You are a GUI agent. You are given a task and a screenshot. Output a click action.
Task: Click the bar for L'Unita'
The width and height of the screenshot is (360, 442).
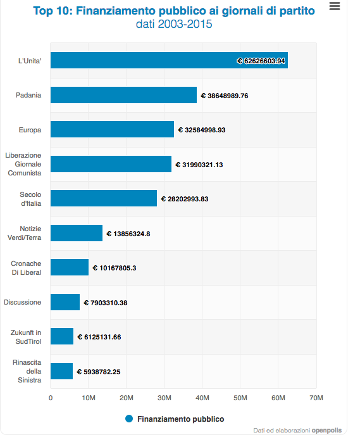coord(169,60)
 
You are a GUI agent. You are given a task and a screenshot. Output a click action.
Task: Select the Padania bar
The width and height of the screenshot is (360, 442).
coord(123,95)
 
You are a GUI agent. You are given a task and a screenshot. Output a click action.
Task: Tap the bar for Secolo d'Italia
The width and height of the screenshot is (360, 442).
coord(104,198)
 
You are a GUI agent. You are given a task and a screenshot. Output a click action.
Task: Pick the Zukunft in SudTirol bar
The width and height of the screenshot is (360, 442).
coord(62,336)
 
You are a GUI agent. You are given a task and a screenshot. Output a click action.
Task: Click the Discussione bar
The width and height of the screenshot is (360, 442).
coord(65,302)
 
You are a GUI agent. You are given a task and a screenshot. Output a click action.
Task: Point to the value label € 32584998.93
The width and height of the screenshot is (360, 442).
coord(202,130)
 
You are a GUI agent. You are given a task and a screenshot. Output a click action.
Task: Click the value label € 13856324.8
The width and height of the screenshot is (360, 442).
coord(128,234)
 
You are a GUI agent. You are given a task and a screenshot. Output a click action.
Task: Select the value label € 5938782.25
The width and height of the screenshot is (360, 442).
coord(99,372)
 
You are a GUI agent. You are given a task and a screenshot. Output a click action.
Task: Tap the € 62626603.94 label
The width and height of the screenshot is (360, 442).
coord(261,61)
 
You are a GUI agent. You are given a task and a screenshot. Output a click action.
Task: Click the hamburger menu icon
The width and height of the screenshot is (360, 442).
coord(335,6)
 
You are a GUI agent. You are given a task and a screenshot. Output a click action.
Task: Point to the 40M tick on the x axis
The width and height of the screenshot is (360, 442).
coord(202,398)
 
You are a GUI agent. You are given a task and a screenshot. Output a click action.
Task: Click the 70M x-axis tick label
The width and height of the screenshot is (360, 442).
coord(316,398)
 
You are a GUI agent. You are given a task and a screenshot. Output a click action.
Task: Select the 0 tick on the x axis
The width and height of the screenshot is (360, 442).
coord(51,398)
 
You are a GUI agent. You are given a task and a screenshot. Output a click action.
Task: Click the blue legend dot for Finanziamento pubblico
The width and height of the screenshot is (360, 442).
coord(129,419)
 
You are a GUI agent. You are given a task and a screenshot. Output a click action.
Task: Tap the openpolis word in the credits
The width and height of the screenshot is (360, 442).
coord(326,430)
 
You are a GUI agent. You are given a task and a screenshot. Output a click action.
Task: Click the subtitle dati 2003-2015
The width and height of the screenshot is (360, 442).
coord(174,24)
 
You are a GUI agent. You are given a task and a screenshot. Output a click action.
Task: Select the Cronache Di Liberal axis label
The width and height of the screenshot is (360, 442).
coord(26,268)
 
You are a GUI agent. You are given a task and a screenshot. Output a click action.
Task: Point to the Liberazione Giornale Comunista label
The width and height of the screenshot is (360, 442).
coord(23,164)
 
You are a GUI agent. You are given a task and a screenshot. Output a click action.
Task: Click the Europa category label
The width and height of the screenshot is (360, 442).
coord(30,130)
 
